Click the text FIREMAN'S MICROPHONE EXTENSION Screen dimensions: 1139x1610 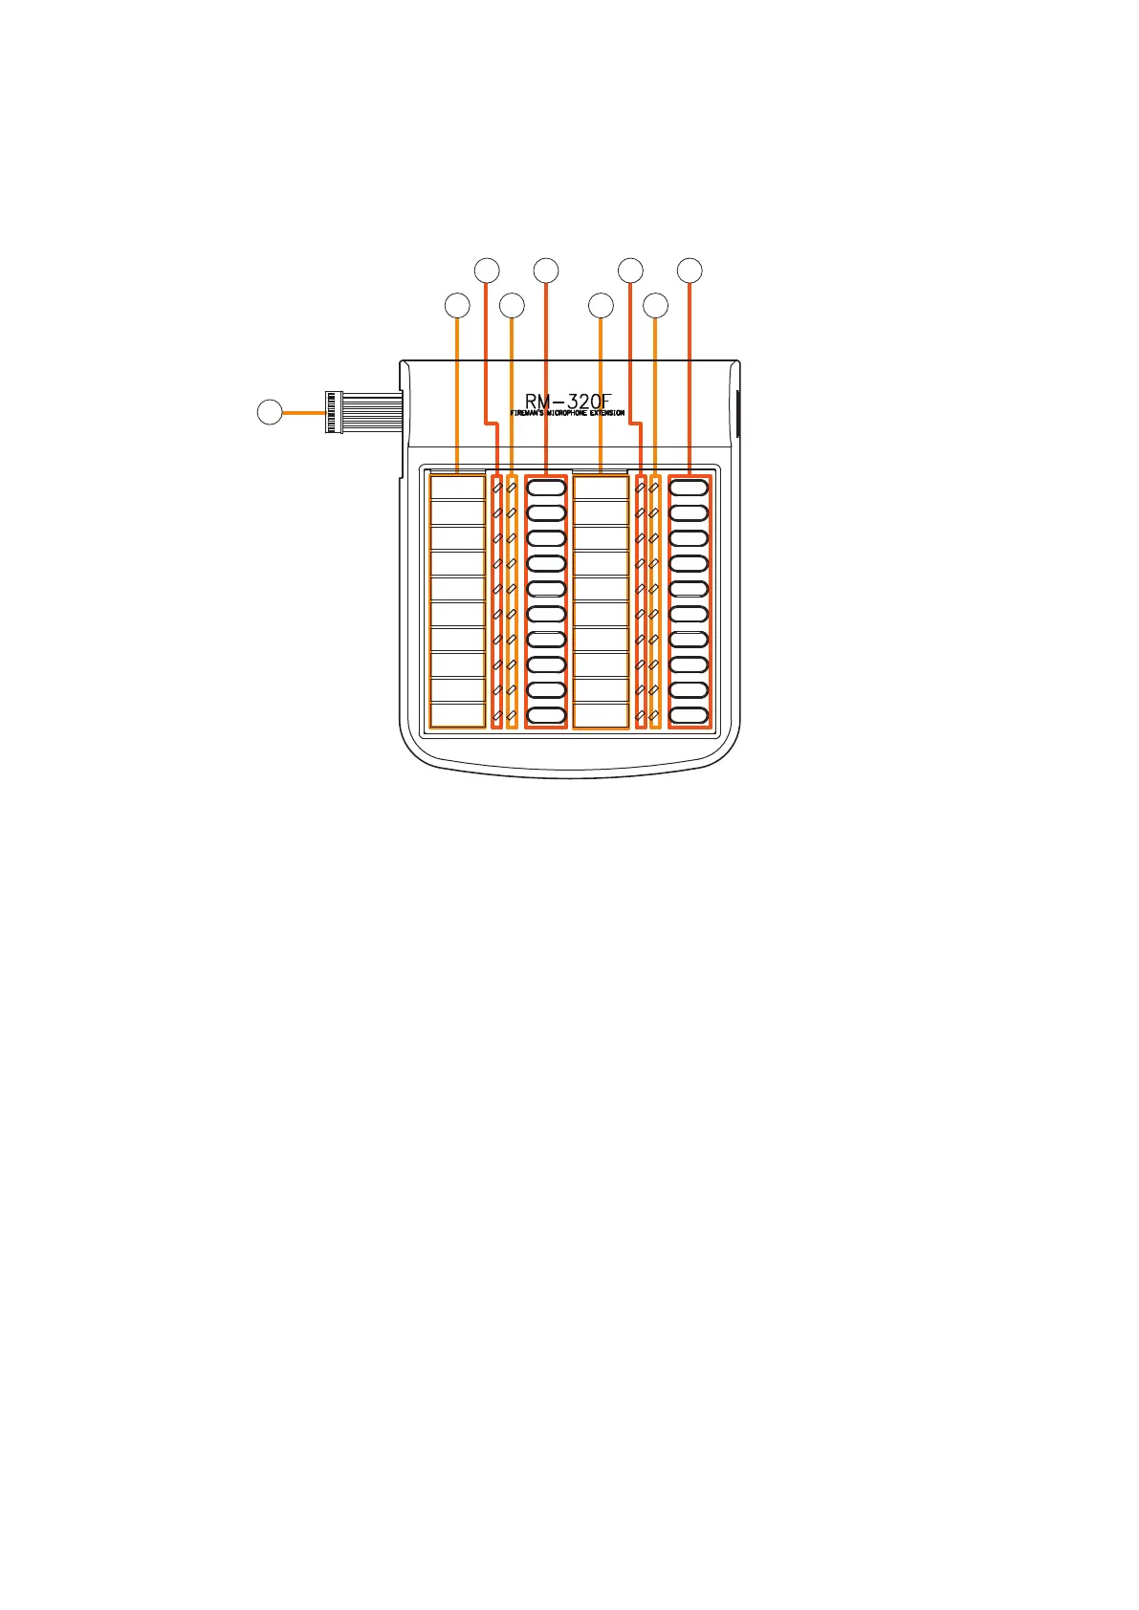click(x=567, y=414)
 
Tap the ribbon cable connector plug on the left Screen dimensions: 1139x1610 click(x=335, y=411)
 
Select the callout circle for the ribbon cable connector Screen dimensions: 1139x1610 click(x=270, y=412)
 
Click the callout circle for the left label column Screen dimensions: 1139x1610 click(x=458, y=306)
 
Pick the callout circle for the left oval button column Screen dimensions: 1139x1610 click(x=546, y=271)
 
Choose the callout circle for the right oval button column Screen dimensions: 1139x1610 click(x=690, y=271)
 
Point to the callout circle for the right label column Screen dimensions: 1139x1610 click(x=601, y=306)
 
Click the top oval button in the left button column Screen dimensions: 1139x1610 click(x=546, y=488)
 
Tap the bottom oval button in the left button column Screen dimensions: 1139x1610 click(x=546, y=715)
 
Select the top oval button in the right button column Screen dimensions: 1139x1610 click(x=690, y=488)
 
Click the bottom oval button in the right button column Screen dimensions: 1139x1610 click(x=690, y=715)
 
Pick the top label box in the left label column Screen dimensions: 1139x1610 click(x=458, y=488)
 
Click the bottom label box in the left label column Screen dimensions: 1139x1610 click(x=458, y=715)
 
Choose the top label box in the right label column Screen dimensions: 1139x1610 click(x=601, y=488)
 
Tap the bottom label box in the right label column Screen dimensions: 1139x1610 click(x=601, y=715)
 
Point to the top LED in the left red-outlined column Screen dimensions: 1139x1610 click(x=496, y=488)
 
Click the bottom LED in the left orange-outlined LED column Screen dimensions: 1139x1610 click(x=512, y=715)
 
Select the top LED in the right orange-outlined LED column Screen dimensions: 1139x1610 click(x=654, y=488)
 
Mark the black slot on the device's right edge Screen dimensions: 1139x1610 click(x=737, y=411)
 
